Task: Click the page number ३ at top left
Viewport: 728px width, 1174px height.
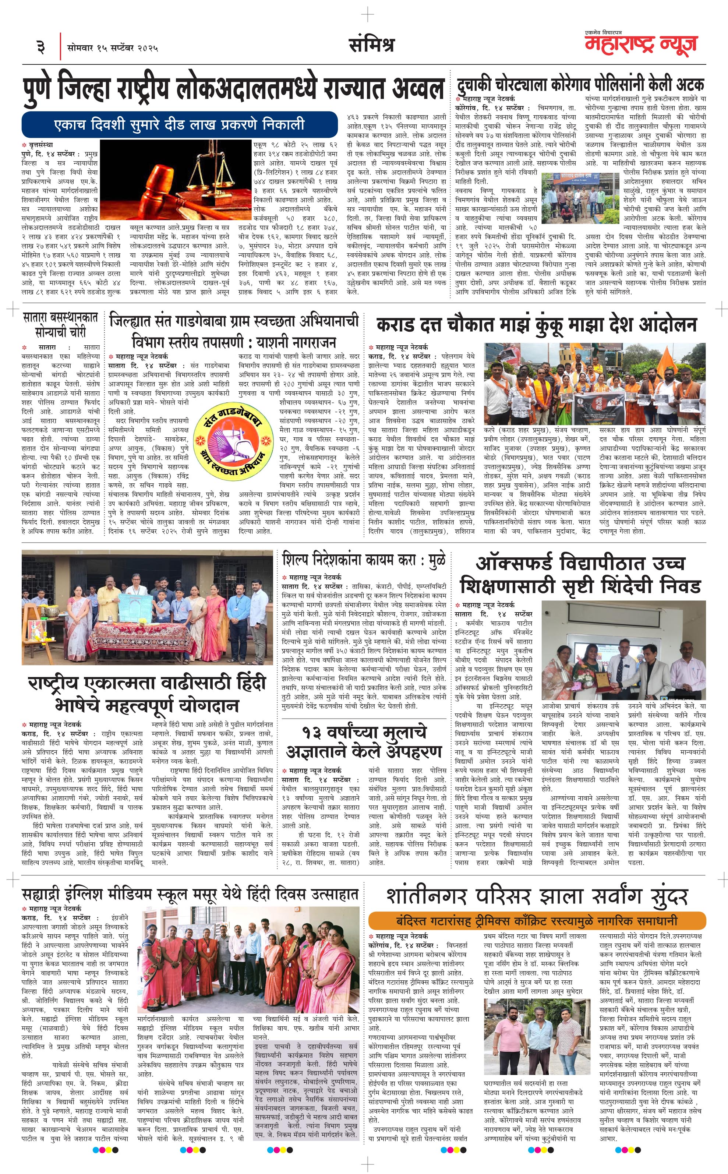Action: pyautogui.click(x=40, y=47)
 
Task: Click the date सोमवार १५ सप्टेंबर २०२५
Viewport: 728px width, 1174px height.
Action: pyautogui.click(x=113, y=47)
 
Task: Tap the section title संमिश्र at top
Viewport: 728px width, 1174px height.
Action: pyautogui.click(x=371, y=45)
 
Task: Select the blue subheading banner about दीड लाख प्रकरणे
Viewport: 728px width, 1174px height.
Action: pyautogui.click(x=179, y=125)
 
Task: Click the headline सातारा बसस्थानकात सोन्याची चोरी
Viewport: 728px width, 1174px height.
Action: pyautogui.click(x=60, y=325)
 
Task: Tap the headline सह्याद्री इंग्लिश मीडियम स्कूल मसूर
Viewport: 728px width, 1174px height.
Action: pyautogui.click(x=190, y=895)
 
